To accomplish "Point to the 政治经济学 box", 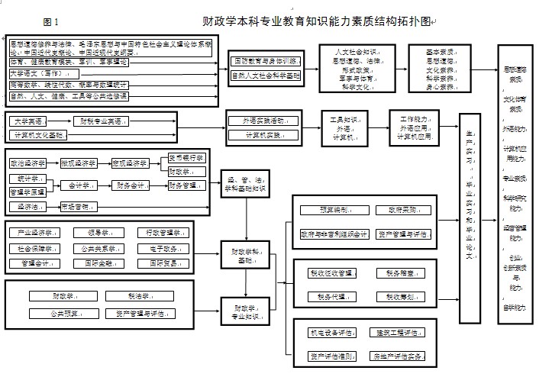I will (x=28, y=163).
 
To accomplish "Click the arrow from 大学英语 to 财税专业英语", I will (x=65, y=121).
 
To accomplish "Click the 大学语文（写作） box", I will (x=37, y=74).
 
